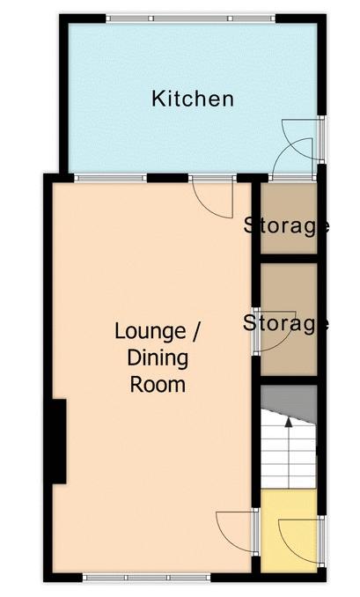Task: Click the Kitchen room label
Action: tap(193, 99)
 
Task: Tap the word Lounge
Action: tap(150, 332)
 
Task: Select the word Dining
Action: tap(158, 359)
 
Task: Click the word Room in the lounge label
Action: tap(158, 385)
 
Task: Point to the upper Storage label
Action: tap(286, 225)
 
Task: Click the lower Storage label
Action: tap(286, 324)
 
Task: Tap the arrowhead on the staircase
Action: tap(289, 422)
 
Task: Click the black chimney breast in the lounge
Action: tap(59, 441)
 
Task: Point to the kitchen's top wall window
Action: tap(190, 18)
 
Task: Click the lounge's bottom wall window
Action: tap(146, 578)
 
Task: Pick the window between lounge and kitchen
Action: tap(110, 178)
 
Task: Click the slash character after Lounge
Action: tap(195, 332)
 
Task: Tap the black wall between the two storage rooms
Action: tap(289, 259)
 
